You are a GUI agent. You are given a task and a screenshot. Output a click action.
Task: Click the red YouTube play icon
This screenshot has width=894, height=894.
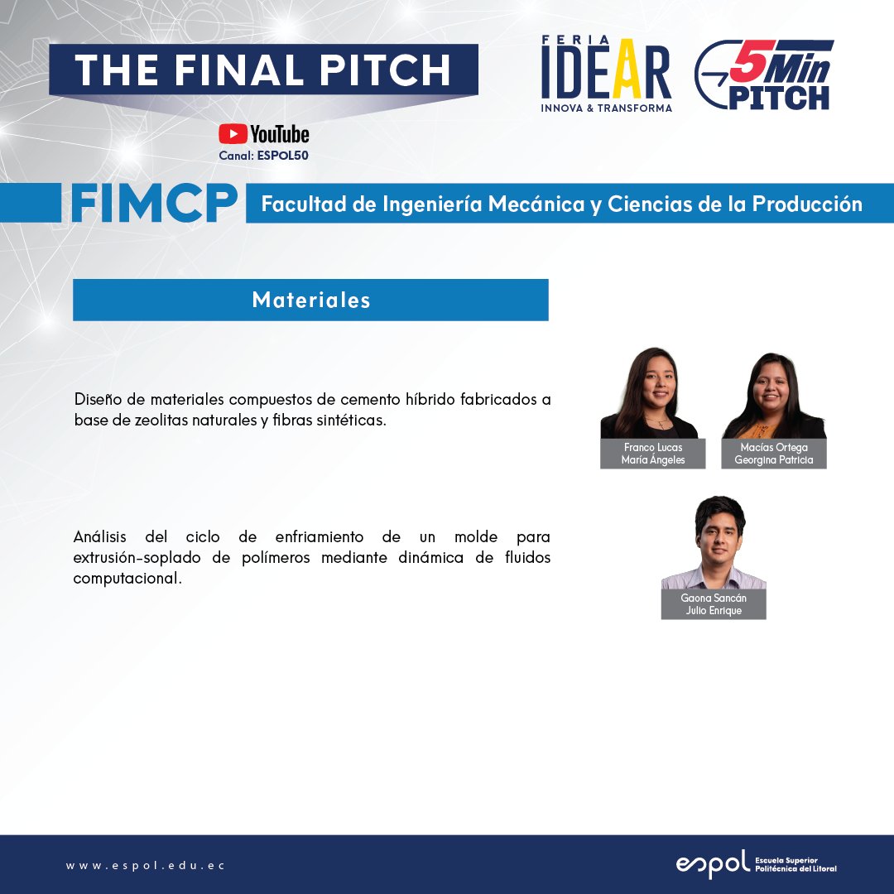pos(233,134)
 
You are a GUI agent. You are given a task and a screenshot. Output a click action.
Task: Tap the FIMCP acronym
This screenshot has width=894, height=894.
pos(154,203)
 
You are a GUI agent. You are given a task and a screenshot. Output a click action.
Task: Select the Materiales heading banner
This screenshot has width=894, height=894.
pos(310,300)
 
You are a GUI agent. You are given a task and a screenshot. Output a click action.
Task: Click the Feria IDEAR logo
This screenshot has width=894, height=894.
pos(607,74)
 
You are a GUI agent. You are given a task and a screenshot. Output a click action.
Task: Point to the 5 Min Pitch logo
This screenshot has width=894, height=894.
pos(763,74)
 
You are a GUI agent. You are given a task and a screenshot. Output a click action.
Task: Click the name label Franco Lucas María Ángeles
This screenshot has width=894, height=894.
pos(653,454)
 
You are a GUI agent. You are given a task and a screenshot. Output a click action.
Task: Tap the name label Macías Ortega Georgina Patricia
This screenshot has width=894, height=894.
pos(774,454)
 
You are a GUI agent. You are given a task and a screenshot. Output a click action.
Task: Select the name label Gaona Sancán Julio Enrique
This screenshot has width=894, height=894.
pos(714,604)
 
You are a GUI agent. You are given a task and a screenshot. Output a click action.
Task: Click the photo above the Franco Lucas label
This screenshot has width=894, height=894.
pos(650,393)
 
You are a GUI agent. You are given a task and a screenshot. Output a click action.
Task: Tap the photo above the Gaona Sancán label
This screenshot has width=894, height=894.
pos(714,542)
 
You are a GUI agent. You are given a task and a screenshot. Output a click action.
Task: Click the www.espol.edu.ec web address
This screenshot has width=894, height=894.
pos(146,866)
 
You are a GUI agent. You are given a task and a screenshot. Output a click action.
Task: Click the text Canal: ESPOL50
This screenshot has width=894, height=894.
pos(263,155)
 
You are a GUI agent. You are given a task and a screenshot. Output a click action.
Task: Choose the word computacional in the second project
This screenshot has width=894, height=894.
pos(127,579)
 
